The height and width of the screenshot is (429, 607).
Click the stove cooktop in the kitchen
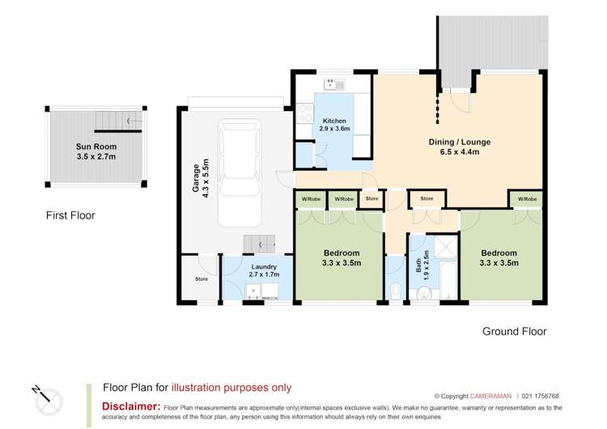click(x=305, y=113)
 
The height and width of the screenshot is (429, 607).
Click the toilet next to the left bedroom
click(x=394, y=290)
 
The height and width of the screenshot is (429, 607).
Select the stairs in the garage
click(x=260, y=243)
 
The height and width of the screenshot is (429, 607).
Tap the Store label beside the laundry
click(x=202, y=279)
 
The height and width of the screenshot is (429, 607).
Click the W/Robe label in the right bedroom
click(x=525, y=198)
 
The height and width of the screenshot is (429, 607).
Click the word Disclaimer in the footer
click(x=130, y=406)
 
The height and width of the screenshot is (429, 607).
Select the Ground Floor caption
click(x=514, y=331)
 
